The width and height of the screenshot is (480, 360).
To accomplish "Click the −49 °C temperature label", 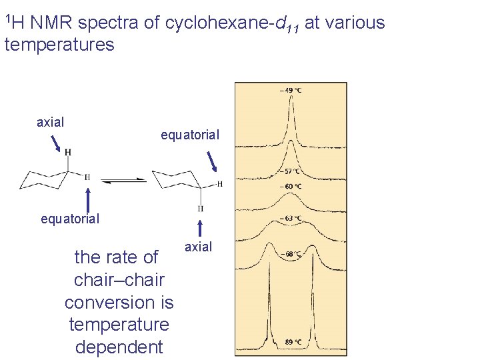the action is click(x=291, y=90).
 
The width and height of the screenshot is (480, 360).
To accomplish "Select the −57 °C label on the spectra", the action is click(x=291, y=172).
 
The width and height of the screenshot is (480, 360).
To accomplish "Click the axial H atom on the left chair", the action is click(x=67, y=152).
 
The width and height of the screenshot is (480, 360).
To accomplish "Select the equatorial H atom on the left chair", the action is click(x=87, y=177).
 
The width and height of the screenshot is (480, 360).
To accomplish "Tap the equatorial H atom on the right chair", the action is click(x=219, y=183).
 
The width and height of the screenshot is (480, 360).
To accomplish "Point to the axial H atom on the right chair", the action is click(x=201, y=209).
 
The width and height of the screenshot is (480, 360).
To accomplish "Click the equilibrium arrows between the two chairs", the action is click(x=124, y=179).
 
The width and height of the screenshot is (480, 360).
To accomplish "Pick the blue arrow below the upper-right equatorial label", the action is click(x=213, y=161).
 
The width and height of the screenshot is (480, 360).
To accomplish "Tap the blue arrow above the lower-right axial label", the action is click(x=200, y=225).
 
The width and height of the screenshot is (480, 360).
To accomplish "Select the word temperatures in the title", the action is click(x=59, y=45).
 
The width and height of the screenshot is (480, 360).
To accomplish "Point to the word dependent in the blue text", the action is click(x=119, y=347).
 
